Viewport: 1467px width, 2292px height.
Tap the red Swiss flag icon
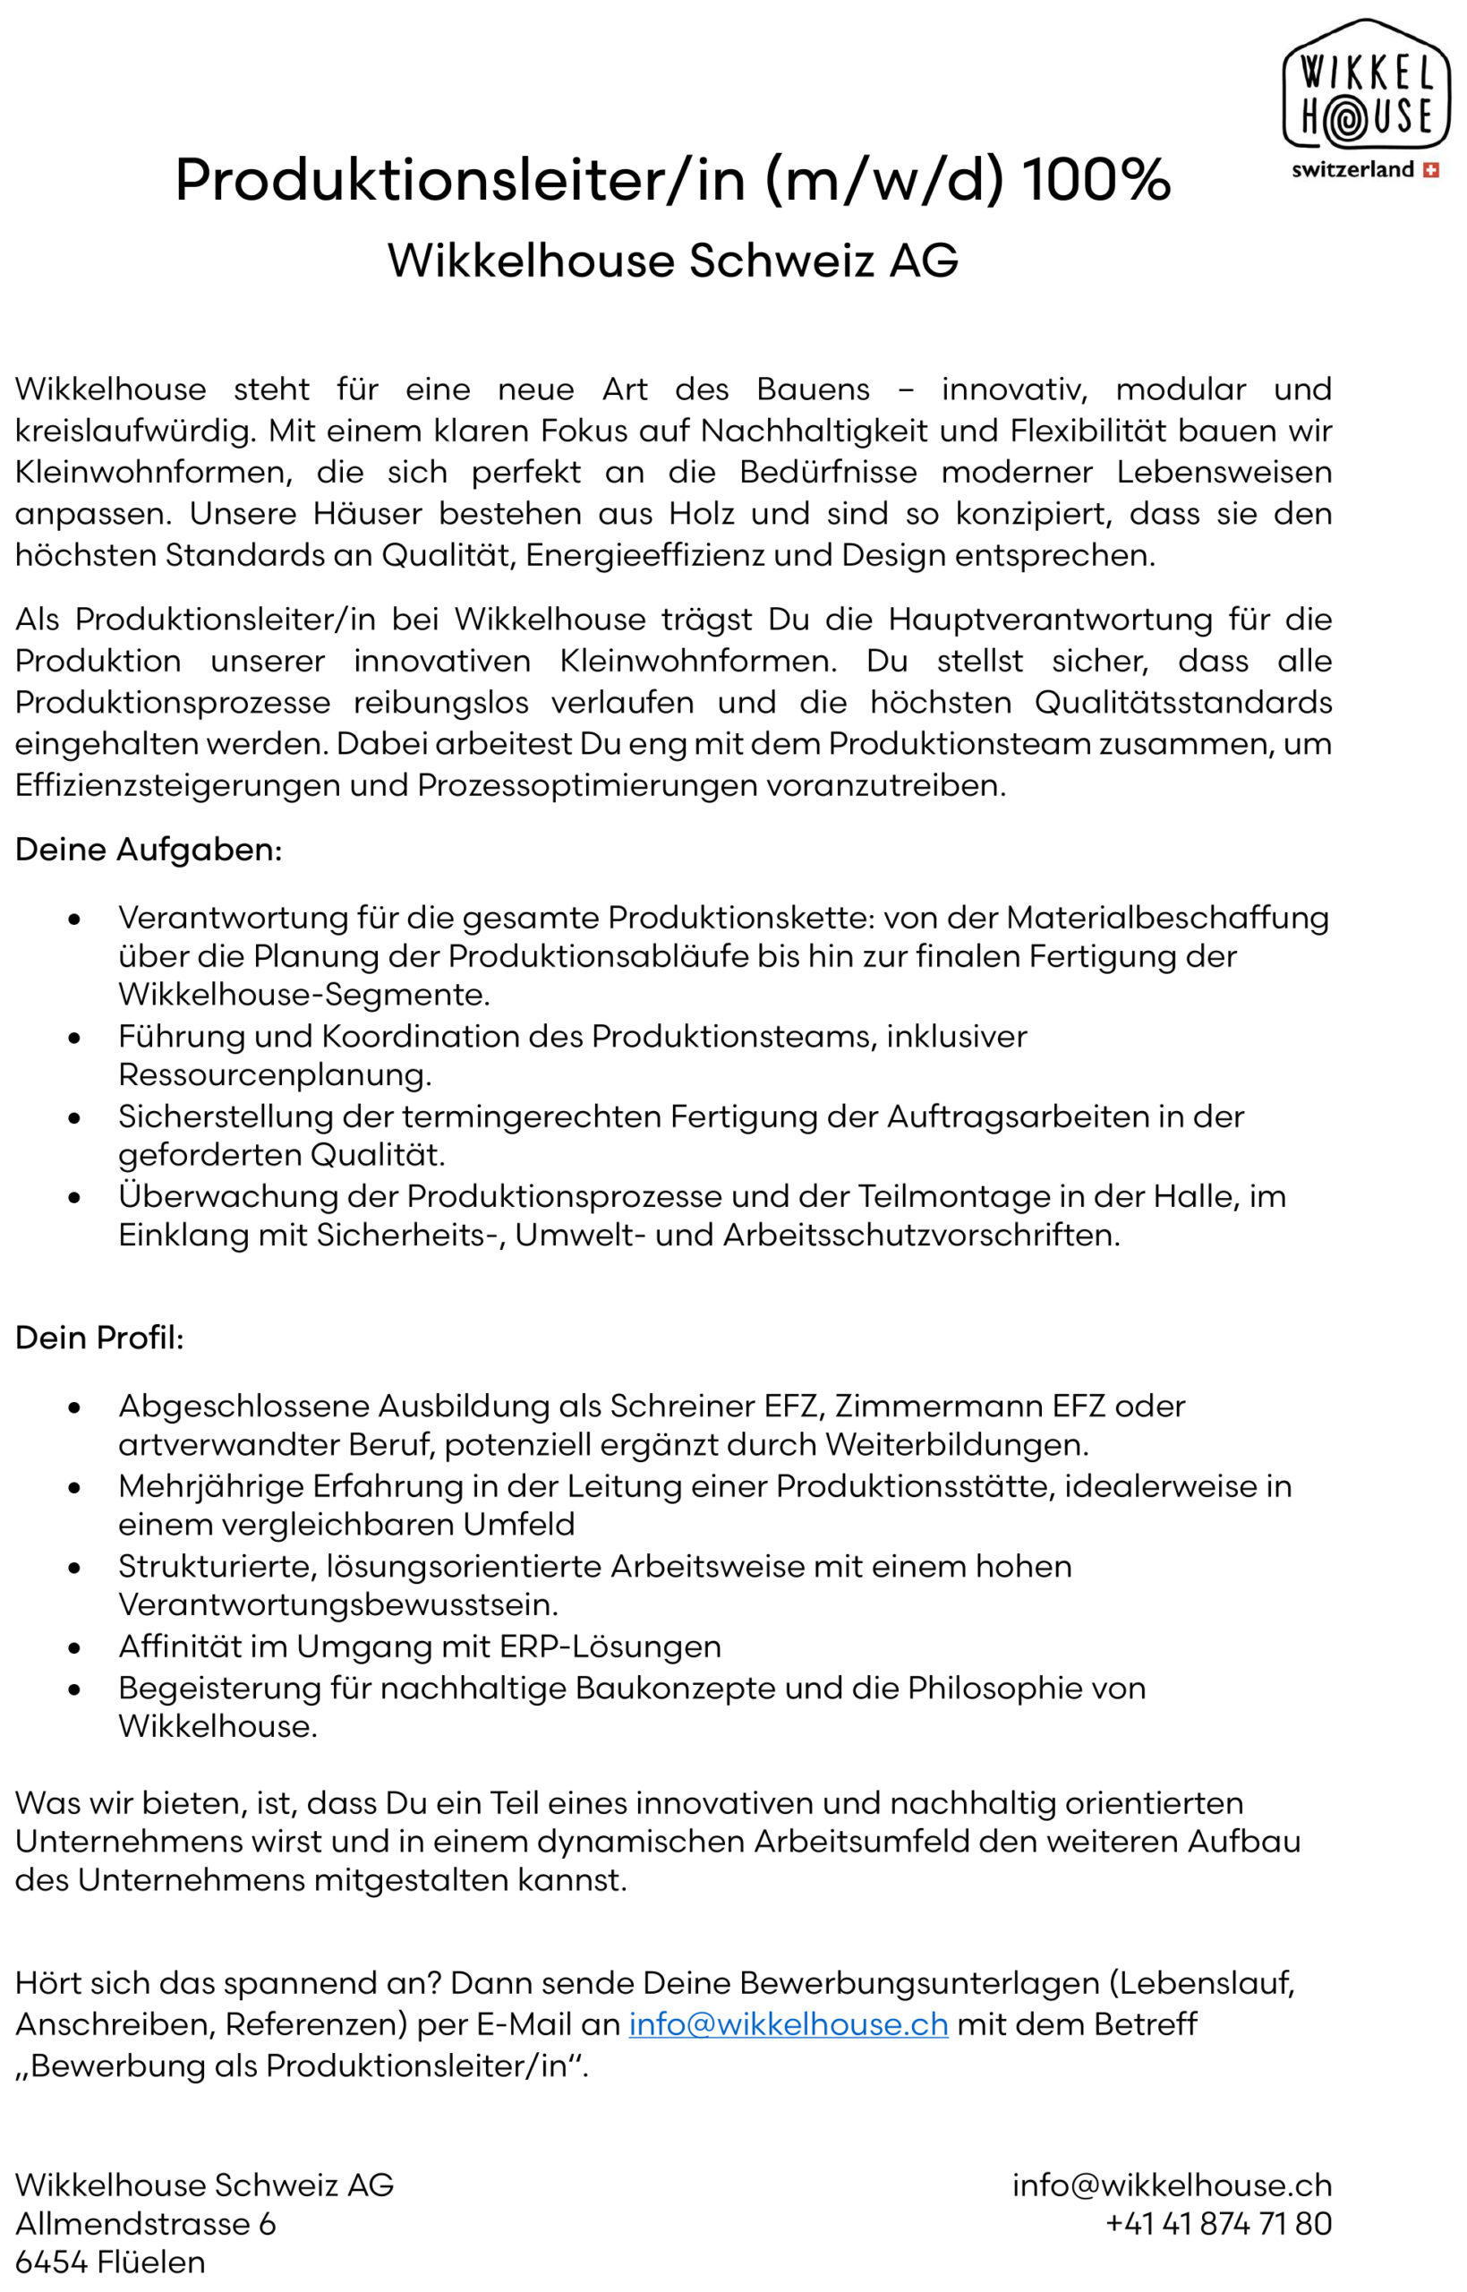click(1429, 170)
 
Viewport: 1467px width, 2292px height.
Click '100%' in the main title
click(1096, 179)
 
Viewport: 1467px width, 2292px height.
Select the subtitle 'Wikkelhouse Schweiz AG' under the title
click(672, 260)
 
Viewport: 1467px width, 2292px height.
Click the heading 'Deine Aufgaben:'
click(149, 849)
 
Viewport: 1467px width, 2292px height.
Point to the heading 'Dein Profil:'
click(99, 1338)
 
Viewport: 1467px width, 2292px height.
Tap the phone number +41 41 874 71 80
click(1218, 2223)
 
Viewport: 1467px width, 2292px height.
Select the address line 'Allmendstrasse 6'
click(146, 2223)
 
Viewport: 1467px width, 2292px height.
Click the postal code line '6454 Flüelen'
click(110, 2262)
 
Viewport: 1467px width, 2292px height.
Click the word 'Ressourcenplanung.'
click(276, 1074)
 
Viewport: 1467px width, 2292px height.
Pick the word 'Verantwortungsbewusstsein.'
click(338, 1604)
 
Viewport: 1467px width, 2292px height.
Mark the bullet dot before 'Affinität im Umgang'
click(74, 1648)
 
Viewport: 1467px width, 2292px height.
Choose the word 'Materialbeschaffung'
click(1167, 918)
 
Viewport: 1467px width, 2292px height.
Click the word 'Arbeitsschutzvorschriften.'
click(921, 1235)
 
